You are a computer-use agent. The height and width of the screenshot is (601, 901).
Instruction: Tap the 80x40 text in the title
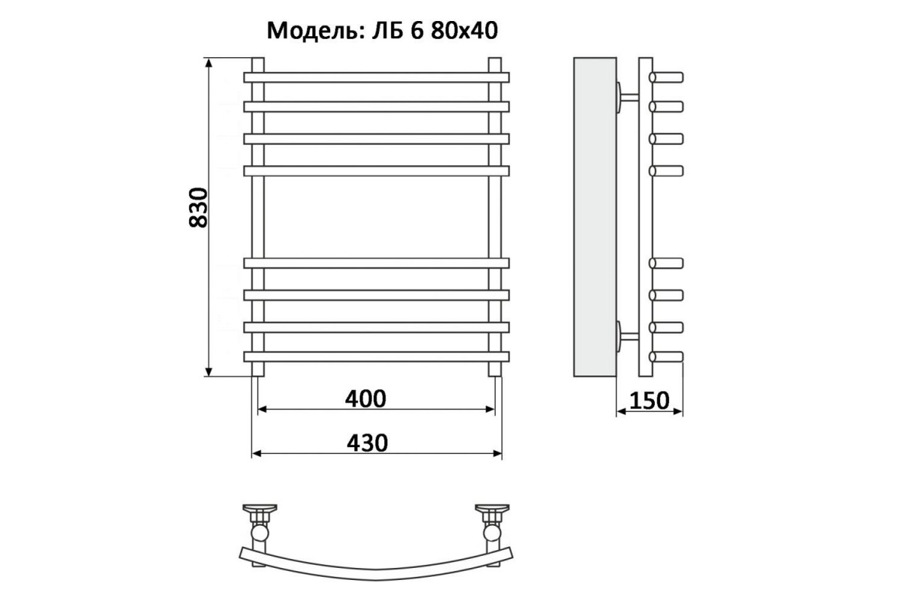(464, 31)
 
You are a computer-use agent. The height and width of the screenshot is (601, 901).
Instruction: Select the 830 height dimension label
(199, 207)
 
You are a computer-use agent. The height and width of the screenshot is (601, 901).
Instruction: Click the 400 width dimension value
(366, 398)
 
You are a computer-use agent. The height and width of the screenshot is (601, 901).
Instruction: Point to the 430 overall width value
(367, 442)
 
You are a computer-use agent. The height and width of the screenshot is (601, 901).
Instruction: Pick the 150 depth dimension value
(649, 400)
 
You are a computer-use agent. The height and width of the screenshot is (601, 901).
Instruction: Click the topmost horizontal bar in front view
(376, 77)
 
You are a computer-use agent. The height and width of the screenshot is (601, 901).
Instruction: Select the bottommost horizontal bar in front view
(376, 357)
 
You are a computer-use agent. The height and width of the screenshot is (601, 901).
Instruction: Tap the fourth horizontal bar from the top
(376, 171)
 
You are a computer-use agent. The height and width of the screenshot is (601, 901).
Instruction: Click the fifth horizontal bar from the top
(376, 263)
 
